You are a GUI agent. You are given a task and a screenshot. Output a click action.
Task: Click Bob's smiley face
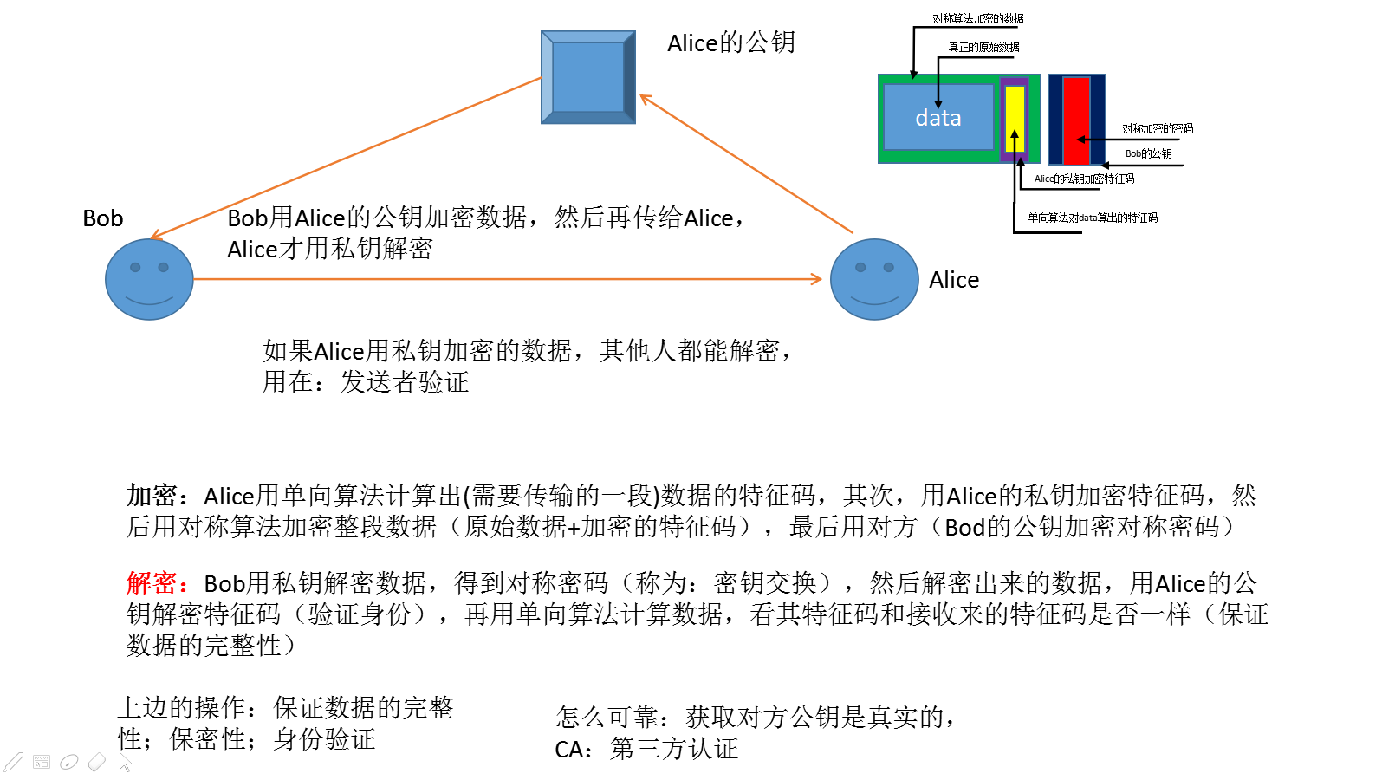coord(149,280)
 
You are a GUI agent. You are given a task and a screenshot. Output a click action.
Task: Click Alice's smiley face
coord(874,280)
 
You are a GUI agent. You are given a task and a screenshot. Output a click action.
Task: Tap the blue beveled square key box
coord(588,77)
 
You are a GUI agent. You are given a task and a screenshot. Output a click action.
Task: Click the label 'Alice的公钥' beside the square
coord(731,42)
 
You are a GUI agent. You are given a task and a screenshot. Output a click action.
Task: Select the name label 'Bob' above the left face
coord(103,218)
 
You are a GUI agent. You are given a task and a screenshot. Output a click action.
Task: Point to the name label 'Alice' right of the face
coord(954,280)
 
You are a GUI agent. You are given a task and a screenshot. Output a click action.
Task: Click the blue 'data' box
coord(938,117)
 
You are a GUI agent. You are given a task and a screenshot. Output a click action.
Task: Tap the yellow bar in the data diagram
coord(1015,119)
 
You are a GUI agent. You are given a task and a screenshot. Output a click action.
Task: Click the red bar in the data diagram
coord(1077,120)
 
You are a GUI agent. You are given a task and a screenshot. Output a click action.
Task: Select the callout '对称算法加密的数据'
coord(978,18)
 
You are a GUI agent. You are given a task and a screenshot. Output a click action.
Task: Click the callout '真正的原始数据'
coord(983,47)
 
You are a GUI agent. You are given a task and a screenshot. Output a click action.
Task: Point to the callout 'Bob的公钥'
coord(1148,153)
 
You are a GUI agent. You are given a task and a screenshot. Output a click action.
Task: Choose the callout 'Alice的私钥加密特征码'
coord(1084,179)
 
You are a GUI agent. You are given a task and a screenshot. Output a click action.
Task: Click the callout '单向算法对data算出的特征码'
coord(1093,218)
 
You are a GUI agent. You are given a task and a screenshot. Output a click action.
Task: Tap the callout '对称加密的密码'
coord(1158,128)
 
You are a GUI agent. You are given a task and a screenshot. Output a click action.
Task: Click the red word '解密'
coord(152,583)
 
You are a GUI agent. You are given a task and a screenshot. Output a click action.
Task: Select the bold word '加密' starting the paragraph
coord(152,496)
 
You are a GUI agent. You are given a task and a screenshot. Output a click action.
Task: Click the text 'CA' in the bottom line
coord(567,750)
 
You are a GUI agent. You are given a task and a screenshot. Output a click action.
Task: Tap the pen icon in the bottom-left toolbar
coord(13,762)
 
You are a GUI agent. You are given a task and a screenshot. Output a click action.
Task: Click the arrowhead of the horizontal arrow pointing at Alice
coord(816,280)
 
